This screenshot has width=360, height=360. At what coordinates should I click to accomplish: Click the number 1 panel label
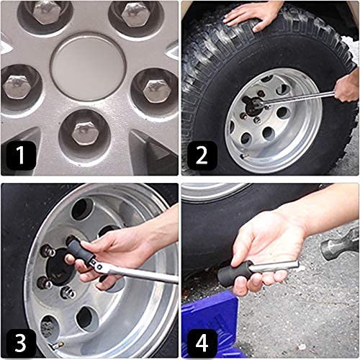coord(21,156)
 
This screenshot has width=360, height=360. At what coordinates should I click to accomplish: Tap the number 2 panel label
coord(202,156)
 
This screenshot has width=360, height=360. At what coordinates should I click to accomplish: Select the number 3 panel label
coord(21,343)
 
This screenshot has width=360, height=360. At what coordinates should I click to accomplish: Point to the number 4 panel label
coord(202,343)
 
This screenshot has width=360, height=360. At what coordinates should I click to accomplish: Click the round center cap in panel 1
coord(88,67)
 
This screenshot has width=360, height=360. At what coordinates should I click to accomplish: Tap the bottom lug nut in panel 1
coord(84,133)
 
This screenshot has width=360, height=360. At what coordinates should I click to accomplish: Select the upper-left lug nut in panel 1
coord(45,11)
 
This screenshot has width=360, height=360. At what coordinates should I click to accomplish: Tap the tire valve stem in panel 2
coord(244,156)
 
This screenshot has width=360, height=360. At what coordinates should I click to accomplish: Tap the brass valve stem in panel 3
coord(56,346)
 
